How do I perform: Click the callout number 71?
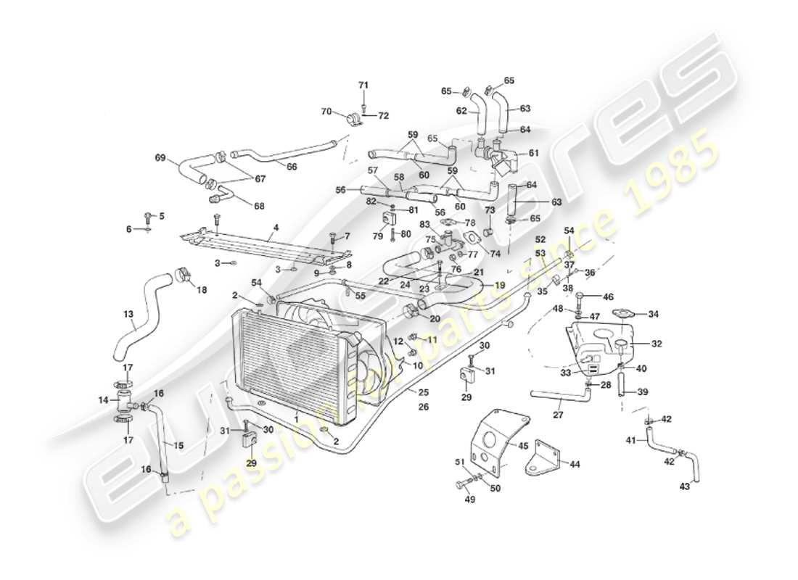[363, 86]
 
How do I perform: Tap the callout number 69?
[161, 157]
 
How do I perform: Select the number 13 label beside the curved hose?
[128, 315]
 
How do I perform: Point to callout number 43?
[684, 486]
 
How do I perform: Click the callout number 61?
[534, 153]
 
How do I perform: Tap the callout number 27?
[558, 415]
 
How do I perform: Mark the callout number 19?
[500, 286]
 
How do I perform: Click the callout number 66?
[292, 166]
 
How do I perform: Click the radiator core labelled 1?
[287, 366]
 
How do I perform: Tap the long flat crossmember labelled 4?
[268, 246]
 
